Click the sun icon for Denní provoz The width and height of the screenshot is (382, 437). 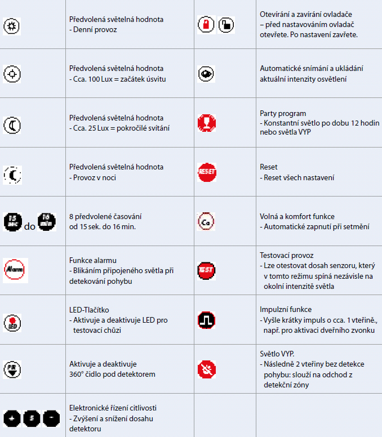(12, 25)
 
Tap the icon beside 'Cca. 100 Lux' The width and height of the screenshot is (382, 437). (12, 74)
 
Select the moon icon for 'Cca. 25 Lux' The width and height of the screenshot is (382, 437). (12, 123)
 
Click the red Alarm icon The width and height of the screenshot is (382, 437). (15, 266)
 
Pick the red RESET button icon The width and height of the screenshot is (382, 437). (206, 172)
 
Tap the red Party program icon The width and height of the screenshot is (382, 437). (206, 122)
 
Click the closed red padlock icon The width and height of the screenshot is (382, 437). (206, 25)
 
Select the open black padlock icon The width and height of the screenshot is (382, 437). (226, 25)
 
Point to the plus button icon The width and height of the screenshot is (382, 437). (12, 418)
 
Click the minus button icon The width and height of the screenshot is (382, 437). (51, 418)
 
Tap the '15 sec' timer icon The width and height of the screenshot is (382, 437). (13, 221)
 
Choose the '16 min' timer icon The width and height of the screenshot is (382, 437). (47, 221)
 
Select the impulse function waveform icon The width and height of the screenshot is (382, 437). (206, 320)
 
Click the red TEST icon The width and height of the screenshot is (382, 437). (206, 270)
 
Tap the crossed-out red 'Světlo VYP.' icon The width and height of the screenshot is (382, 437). (206, 369)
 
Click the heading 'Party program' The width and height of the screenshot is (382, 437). (282, 113)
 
